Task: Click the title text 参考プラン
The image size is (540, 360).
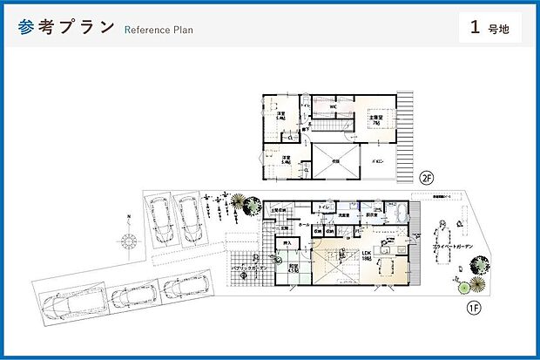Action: tap(66, 26)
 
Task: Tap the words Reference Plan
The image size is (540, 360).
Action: tap(159, 30)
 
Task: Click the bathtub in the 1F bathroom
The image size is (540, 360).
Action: tap(397, 217)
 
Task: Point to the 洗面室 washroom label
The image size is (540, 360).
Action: tap(344, 214)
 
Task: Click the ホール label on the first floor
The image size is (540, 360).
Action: tap(305, 225)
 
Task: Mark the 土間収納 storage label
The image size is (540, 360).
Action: tap(279, 210)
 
